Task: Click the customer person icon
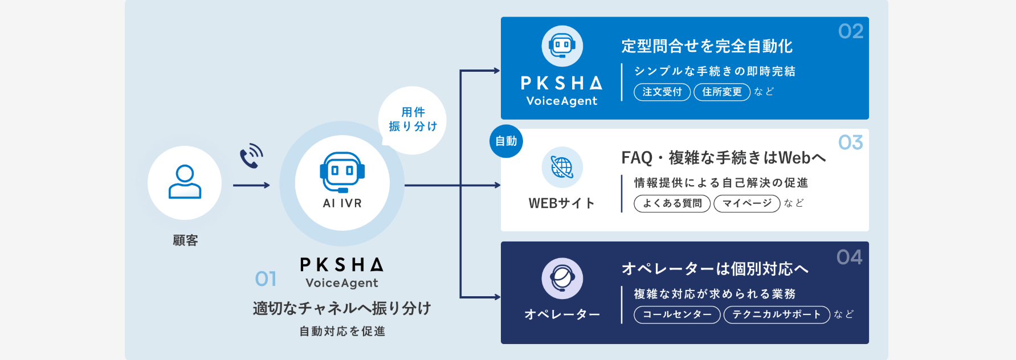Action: coord(185,182)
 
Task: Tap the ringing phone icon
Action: coord(251,156)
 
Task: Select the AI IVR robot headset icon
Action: coord(342,171)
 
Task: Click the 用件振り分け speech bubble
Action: coord(413,120)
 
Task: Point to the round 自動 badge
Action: coord(506,141)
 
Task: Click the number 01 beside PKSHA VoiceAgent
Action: coord(266,279)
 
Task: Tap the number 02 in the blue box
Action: coord(850,31)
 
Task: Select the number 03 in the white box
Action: coord(850,142)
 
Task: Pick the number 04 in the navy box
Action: coord(849,257)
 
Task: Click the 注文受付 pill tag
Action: coord(662,92)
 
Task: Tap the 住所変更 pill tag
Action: coord(722,92)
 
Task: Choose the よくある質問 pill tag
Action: coord(672,203)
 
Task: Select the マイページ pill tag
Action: coord(746,203)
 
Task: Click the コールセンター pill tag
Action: coord(678,314)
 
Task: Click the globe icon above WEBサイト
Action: coord(562,167)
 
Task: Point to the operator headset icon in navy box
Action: coord(562,279)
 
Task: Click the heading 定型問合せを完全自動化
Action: coord(707,46)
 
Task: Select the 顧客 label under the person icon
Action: coord(185,240)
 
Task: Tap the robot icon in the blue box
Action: coord(562,46)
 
